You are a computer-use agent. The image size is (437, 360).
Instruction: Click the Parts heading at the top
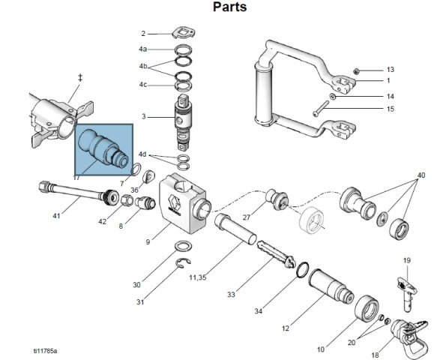tap(229, 7)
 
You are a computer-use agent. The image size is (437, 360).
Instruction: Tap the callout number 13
tap(391, 70)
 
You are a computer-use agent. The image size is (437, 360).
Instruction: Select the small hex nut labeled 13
tap(355, 71)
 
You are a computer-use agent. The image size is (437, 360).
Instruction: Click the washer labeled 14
tap(333, 97)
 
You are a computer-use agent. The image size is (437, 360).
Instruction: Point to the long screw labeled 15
tap(321, 109)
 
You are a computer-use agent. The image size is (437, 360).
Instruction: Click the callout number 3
tap(143, 116)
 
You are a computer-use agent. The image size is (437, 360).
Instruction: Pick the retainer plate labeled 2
tap(183, 32)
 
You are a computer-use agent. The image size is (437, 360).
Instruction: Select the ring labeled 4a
tap(184, 50)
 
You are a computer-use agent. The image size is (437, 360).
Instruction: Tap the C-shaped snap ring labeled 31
tap(183, 263)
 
